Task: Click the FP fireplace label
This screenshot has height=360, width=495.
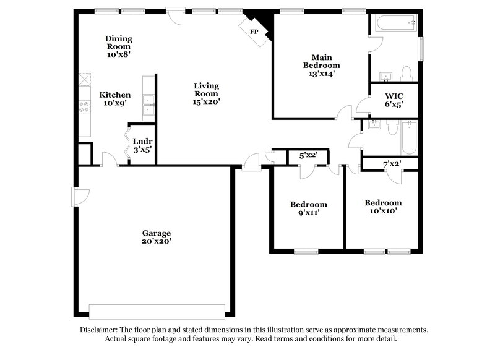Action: click(254, 31)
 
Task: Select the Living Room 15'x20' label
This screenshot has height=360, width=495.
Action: click(206, 93)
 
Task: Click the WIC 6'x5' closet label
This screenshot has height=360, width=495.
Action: click(394, 100)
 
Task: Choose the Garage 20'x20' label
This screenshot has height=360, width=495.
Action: click(157, 238)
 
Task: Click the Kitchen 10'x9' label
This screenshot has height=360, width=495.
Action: click(115, 99)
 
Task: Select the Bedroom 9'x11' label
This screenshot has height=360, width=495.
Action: click(308, 208)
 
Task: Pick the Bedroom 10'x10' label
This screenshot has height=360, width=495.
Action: click(382, 207)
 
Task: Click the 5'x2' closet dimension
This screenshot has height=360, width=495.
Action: click(308, 156)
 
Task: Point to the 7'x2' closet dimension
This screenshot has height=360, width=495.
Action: click(391, 164)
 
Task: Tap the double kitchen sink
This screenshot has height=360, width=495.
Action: click(148, 106)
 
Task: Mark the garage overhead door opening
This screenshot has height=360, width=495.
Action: click(157, 311)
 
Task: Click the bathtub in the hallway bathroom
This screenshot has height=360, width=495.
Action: click(409, 139)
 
